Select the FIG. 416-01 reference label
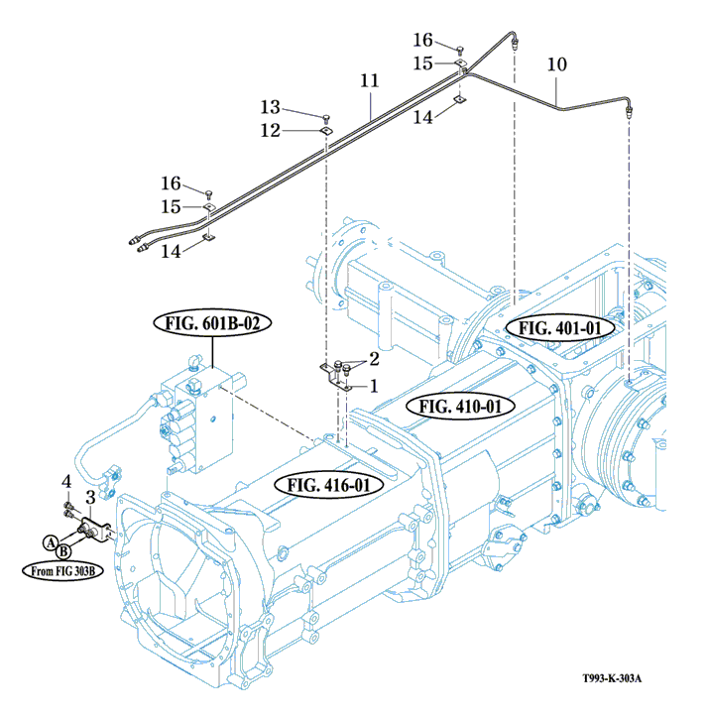[328, 485]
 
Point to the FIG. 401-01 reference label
[560, 327]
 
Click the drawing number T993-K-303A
[613, 678]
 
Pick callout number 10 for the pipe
[556, 65]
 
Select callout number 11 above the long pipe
[370, 78]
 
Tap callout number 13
[271, 107]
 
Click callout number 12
[271, 130]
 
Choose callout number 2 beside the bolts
[374, 358]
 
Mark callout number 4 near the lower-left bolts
[66, 482]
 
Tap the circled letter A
[48, 540]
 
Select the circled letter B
[61, 550]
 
